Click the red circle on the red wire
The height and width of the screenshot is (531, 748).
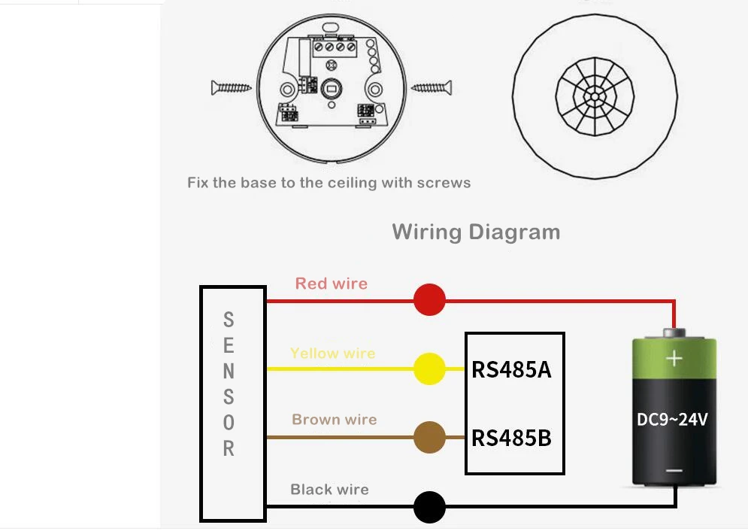[429, 299]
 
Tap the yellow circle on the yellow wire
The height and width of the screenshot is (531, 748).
[429, 369]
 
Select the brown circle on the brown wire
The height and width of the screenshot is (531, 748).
[429, 437]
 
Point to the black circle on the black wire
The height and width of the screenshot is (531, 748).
[429, 507]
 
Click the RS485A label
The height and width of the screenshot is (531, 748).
[511, 370]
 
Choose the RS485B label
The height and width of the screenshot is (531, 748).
[511, 438]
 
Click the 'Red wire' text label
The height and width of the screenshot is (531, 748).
[332, 284]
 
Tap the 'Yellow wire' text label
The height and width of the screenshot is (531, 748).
[333, 353]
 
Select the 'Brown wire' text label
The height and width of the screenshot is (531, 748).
[335, 420]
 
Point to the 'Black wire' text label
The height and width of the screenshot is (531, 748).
[329, 489]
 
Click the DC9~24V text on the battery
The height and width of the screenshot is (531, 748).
[673, 420]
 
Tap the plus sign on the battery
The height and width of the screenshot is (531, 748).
[674, 358]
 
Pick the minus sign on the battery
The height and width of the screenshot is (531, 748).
[674, 471]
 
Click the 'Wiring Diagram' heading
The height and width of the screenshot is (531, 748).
[476, 232]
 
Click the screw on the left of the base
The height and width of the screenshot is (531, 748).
[232, 87]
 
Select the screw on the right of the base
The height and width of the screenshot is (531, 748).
[432, 87]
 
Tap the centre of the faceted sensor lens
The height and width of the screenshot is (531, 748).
[595, 97]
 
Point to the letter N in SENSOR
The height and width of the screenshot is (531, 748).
[229, 372]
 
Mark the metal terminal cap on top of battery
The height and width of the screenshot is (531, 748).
[674, 332]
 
